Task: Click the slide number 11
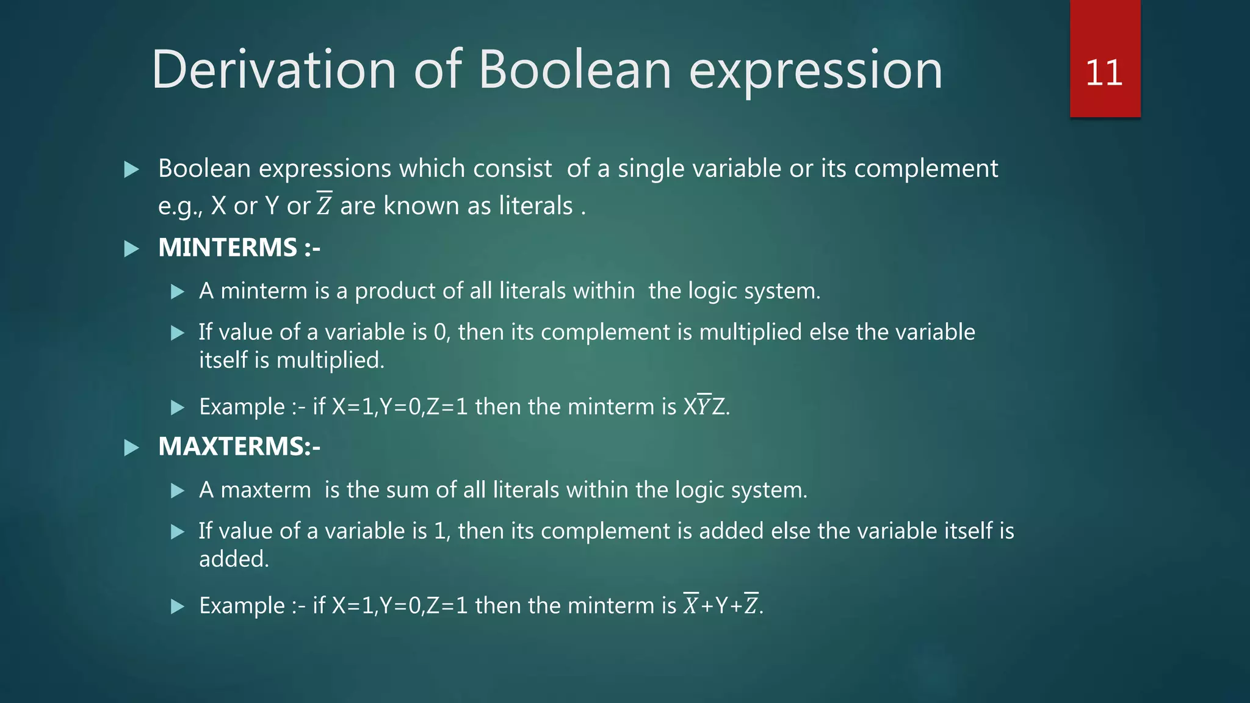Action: (x=1104, y=73)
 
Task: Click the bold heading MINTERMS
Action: (x=228, y=248)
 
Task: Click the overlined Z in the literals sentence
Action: (x=324, y=205)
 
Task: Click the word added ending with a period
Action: (x=234, y=559)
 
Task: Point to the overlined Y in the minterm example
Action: (x=704, y=406)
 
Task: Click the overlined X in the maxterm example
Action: (x=691, y=605)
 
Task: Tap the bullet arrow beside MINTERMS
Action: (x=131, y=249)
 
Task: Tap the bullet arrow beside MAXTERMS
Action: (x=131, y=448)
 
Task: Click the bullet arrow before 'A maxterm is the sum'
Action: (x=178, y=491)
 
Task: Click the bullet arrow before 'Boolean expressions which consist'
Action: (x=131, y=170)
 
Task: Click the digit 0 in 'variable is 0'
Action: (x=440, y=333)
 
